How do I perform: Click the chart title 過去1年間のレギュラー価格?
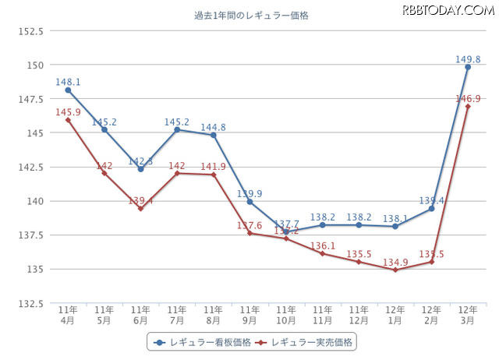click(x=250, y=15)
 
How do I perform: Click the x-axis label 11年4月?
click(x=68, y=314)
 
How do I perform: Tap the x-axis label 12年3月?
click(x=468, y=314)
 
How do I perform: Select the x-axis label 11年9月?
click(x=249, y=314)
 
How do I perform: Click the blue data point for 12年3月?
click(x=468, y=67)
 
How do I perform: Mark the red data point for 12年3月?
click(x=468, y=107)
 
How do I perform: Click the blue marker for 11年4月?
click(x=68, y=90)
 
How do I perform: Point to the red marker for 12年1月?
click(x=395, y=270)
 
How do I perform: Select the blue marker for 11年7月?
click(x=177, y=129)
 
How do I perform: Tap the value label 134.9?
click(x=395, y=260)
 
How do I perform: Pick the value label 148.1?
click(x=68, y=80)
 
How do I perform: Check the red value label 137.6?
click(x=249, y=225)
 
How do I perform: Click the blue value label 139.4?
click(x=431, y=200)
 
